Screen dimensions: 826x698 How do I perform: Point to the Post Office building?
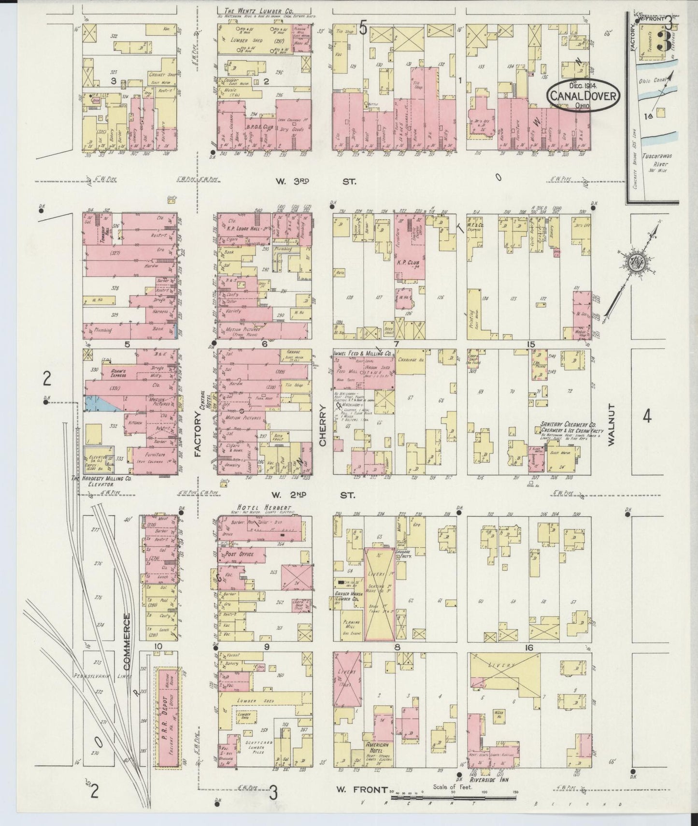pyautogui.click(x=240, y=555)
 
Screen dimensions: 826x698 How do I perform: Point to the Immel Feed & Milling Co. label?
pyautogui.click(x=362, y=354)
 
